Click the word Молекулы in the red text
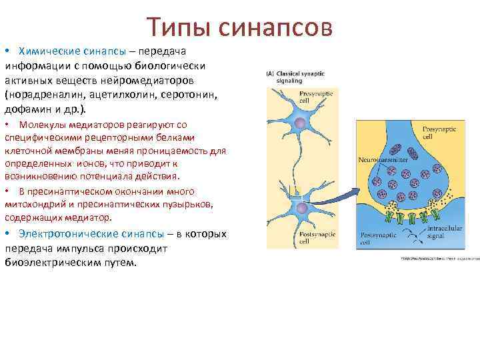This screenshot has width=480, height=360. (x=41, y=125)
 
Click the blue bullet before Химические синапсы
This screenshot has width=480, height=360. (x=7, y=52)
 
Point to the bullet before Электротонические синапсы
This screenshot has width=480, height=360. (x=7, y=235)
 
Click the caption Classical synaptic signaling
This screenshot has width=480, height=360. (x=293, y=75)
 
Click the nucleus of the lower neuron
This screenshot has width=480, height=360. (x=301, y=209)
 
